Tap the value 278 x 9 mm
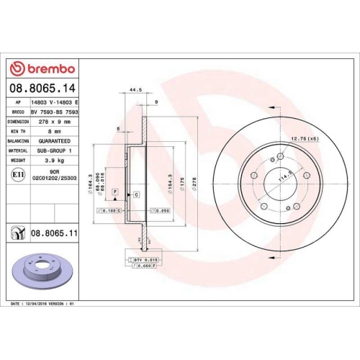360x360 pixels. [55, 122]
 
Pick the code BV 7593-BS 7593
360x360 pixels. [55, 112]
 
